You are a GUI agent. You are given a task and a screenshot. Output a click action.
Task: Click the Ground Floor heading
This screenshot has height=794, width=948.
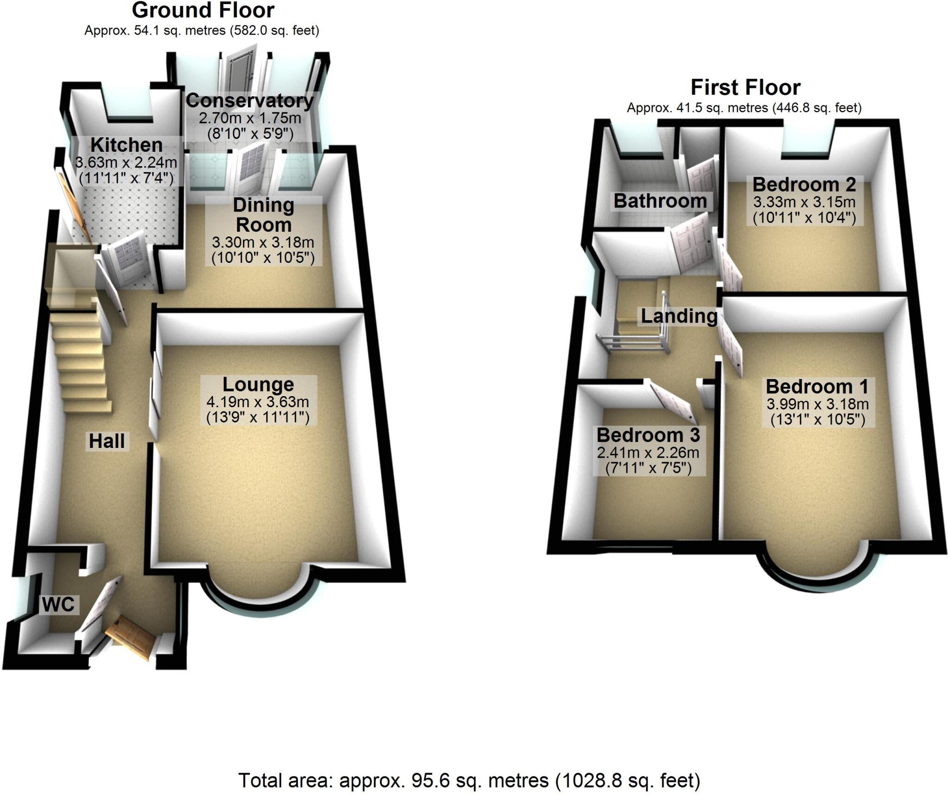coord(203,10)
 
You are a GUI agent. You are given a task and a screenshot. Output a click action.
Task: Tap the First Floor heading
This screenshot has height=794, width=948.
coord(745,87)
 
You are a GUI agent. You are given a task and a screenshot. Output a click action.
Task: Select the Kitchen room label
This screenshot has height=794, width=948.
coord(126,145)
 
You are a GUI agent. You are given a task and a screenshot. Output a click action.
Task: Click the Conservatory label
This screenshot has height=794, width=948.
coord(249,100)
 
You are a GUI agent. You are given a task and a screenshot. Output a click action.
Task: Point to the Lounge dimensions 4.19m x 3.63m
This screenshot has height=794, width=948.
coord(258,403)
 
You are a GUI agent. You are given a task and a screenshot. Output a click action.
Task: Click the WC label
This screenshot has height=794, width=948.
coord(58,604)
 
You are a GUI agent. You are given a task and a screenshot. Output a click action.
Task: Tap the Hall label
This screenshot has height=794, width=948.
coord(107,441)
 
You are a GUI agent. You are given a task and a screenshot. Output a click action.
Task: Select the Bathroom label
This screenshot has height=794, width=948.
coord(660,201)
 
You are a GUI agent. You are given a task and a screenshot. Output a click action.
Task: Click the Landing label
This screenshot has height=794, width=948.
coord(679,316)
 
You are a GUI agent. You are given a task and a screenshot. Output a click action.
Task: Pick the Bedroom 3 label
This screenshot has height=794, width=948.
coord(648,435)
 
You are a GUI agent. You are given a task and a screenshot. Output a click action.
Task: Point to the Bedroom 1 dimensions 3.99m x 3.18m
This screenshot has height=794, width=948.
coord(817,404)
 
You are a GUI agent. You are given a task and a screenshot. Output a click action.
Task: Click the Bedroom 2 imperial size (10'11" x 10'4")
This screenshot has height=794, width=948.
coord(805,217)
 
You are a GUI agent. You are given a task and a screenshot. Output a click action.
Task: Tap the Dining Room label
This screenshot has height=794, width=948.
coord(263,215)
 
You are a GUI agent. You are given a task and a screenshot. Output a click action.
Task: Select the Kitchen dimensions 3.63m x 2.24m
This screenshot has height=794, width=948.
coord(126,162)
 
